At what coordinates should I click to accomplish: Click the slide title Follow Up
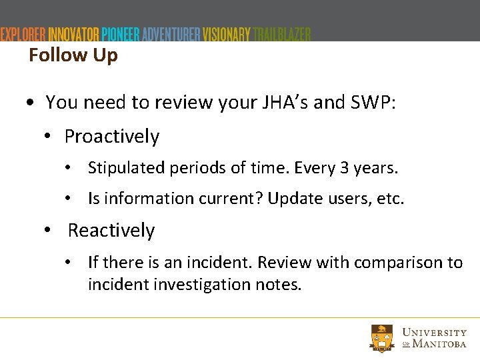point(73,55)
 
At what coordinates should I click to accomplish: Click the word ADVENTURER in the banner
point(171,34)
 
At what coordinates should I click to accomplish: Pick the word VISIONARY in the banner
point(227,34)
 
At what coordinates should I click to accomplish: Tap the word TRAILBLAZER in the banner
point(282,34)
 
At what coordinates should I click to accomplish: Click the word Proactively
point(112,137)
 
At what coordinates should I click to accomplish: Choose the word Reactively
point(111,231)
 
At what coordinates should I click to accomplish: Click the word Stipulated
point(124,168)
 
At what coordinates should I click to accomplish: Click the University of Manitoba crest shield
point(383,338)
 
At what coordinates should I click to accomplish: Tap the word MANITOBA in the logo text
point(440,343)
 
